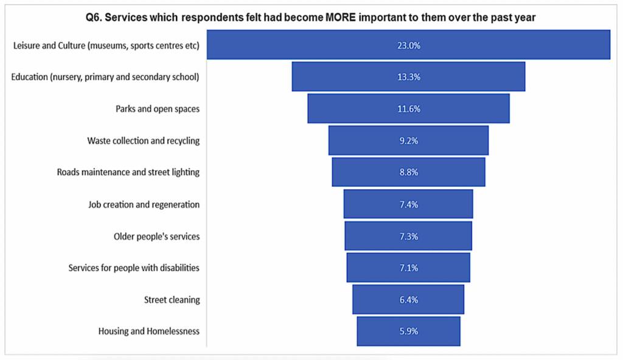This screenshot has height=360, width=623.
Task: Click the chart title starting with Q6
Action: [x=311, y=17]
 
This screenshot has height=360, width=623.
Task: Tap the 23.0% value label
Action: [x=409, y=45]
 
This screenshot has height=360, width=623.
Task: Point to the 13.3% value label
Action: [x=409, y=77]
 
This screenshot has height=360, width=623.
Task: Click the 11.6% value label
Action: [x=409, y=109]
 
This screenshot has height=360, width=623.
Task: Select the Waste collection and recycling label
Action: [x=144, y=140]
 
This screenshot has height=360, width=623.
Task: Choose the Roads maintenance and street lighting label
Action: [x=128, y=172]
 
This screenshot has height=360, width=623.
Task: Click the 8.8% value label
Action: [x=409, y=172]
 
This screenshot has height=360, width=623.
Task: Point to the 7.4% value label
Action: [x=409, y=204]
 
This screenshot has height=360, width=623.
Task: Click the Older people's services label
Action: [x=157, y=236]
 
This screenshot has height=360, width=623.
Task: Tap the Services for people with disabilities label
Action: [x=134, y=268]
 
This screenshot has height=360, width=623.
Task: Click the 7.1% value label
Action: [x=409, y=268]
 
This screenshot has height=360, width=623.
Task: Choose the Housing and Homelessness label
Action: [x=149, y=331]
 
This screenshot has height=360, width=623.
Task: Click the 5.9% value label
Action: [x=409, y=331]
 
